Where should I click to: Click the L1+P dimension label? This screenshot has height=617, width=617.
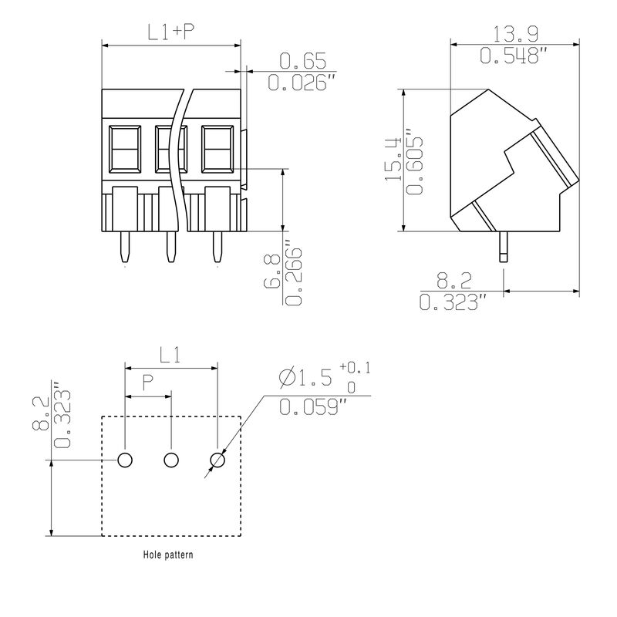(171, 32)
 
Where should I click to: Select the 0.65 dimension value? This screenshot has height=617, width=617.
(302, 61)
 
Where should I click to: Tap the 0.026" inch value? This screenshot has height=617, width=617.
(302, 83)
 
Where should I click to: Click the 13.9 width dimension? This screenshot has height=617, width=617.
(515, 34)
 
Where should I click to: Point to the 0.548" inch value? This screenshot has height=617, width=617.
(514, 55)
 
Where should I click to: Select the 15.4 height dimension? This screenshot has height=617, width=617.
(393, 159)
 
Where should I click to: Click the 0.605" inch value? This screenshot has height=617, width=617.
(414, 160)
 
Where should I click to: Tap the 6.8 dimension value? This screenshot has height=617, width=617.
(272, 271)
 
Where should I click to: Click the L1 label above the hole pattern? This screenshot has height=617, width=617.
(170, 356)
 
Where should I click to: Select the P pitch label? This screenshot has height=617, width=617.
(147, 383)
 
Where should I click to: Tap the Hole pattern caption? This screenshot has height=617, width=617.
(168, 555)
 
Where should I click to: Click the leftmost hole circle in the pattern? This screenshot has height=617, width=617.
(125, 460)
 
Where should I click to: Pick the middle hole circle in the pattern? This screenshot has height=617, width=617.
(171, 460)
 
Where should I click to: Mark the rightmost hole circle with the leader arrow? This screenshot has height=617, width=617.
(217, 460)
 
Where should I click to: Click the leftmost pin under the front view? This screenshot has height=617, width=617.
(124, 247)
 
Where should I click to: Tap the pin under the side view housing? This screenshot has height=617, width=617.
(504, 247)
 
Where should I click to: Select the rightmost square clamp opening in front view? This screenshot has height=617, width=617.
(217, 149)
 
